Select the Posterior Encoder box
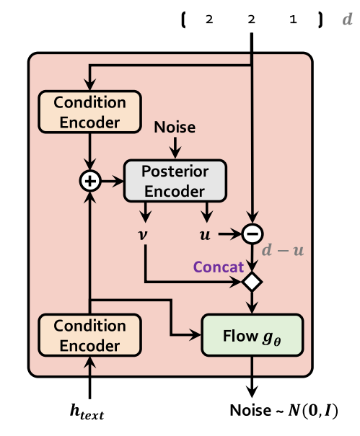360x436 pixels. tap(175, 181)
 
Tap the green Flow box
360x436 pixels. tap(251, 335)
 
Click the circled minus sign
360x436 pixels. tap(251, 233)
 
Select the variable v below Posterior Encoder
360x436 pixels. tap(146, 234)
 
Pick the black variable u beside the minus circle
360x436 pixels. tap(206, 234)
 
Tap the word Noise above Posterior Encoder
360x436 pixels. tap(175, 128)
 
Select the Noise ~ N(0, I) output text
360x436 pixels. tap(284, 411)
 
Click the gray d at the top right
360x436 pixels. tap(346, 20)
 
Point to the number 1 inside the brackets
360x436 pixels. tap(293, 20)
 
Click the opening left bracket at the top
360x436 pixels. tap(184, 20)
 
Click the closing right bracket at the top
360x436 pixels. tap(320, 20)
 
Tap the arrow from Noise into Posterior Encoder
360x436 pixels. tap(175, 148)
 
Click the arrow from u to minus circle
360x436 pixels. tap(229, 233)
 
